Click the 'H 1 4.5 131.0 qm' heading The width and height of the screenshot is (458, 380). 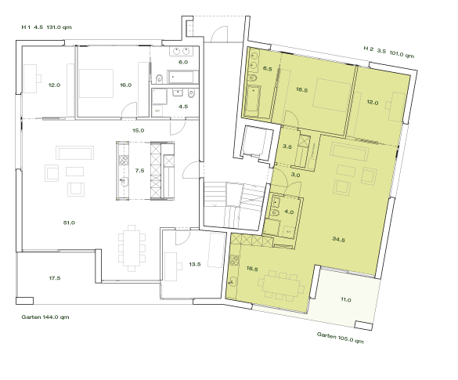click(x=46, y=27)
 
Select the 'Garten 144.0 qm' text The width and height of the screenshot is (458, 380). click(x=45, y=317)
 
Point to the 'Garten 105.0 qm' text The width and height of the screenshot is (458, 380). click(x=341, y=338)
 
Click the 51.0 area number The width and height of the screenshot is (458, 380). click(x=69, y=223)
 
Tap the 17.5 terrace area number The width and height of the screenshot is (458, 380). click(x=55, y=277)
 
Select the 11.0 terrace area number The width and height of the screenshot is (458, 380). click(x=345, y=299)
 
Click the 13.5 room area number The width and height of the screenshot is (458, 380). click(x=194, y=265)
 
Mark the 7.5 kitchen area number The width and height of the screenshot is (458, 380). click(x=140, y=169)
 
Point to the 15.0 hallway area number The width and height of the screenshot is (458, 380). click(x=138, y=130)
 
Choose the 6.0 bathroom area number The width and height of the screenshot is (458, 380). click(x=183, y=61)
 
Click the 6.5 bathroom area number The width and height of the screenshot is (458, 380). click(x=267, y=69)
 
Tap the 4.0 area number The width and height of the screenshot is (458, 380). click(x=288, y=212)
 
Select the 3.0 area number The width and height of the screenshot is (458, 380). click(x=295, y=176)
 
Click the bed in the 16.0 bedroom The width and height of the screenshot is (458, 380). click(x=100, y=81)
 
